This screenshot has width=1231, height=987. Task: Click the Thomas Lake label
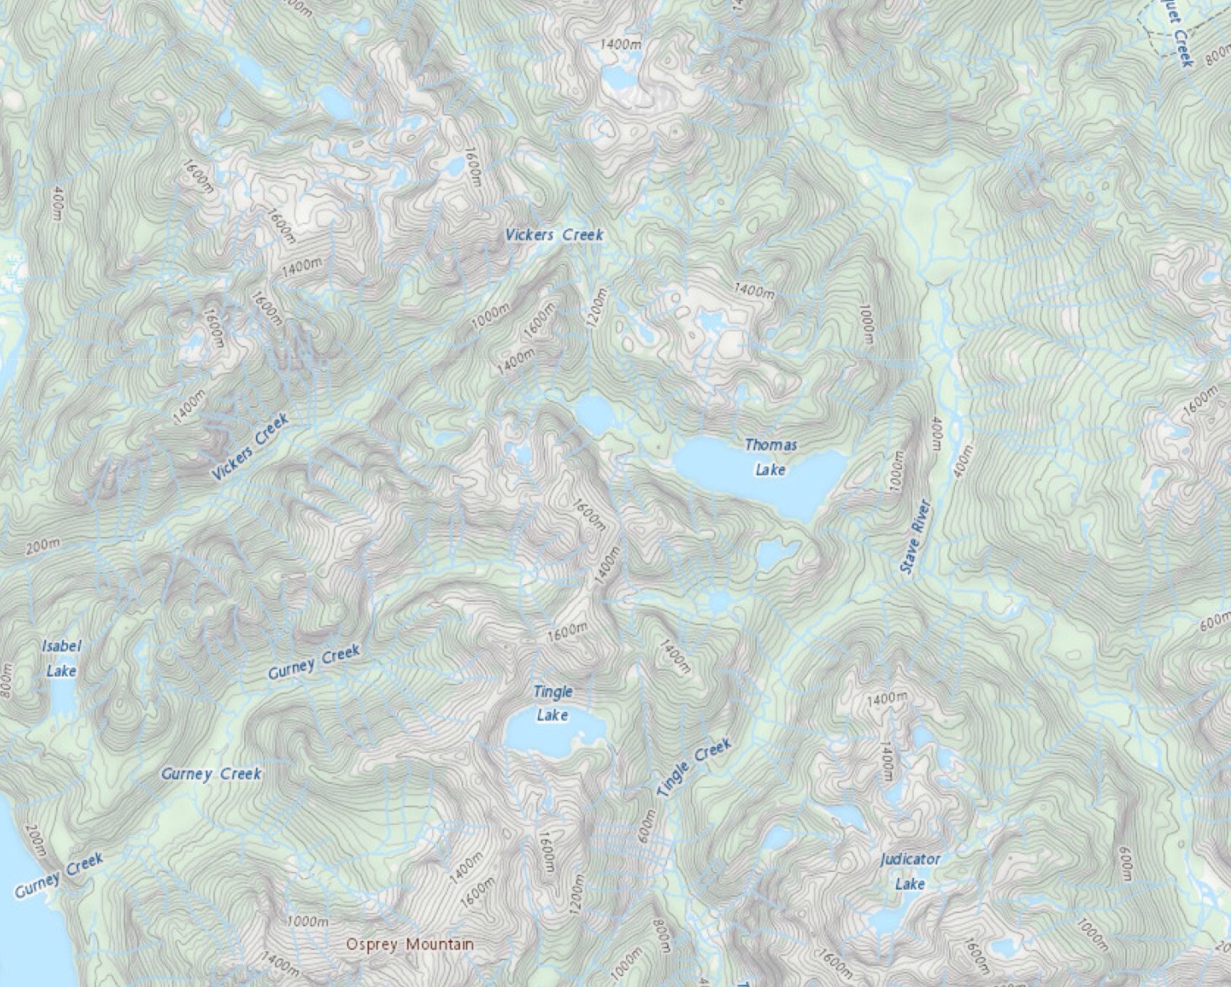[x=770, y=457]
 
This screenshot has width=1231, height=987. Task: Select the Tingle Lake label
[x=553, y=703]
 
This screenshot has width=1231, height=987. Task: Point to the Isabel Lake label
[x=61, y=658]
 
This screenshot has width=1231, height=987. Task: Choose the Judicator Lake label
[x=910, y=871]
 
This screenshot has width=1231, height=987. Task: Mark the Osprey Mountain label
[x=410, y=944]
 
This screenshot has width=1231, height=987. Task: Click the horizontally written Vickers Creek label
[x=554, y=235]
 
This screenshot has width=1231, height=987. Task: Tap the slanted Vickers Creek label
[x=249, y=448]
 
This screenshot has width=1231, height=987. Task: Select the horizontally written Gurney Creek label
[x=211, y=774]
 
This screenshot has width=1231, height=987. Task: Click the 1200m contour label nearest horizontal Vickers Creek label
[x=597, y=308]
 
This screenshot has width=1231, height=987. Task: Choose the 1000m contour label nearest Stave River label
[x=896, y=473]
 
